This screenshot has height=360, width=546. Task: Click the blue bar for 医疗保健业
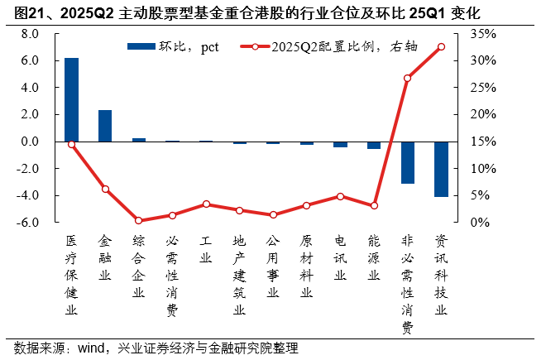point(72,99)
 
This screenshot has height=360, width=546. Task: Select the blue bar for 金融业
point(105,126)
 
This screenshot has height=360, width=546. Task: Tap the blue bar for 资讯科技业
point(441,169)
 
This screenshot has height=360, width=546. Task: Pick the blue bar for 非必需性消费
point(407,162)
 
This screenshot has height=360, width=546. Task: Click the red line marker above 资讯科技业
point(441,46)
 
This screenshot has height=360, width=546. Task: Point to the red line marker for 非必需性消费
point(407,78)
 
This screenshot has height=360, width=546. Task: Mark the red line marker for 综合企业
point(139,221)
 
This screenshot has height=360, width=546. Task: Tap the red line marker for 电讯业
point(340,196)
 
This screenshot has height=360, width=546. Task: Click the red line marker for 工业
point(206,204)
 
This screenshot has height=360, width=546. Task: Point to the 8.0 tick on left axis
point(31,34)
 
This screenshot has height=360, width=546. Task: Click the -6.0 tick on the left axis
point(29,223)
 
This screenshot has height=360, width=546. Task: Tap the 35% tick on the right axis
point(484,34)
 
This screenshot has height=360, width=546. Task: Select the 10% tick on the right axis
point(484,169)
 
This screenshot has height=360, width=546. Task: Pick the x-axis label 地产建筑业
point(240,275)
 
